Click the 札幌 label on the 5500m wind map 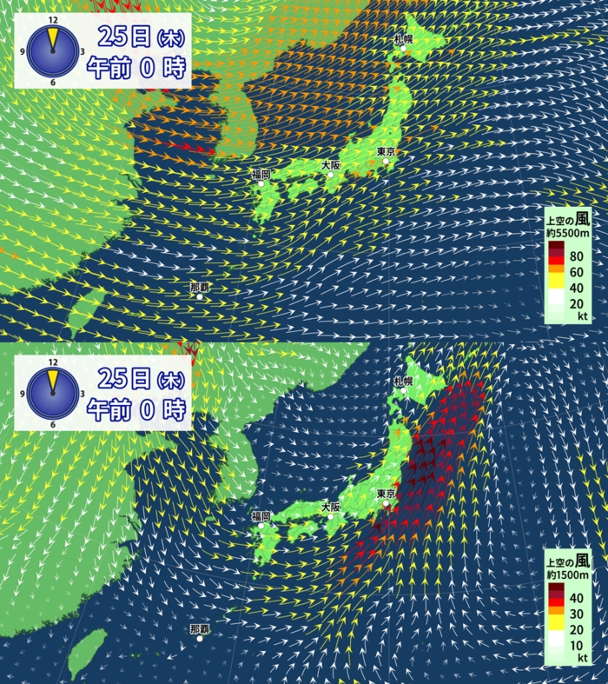tap(404, 39)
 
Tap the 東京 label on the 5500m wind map tap(387, 152)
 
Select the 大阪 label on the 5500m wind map tap(331, 165)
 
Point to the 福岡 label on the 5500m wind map tap(261, 175)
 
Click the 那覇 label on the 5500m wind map tap(200, 287)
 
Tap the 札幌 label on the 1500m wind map tap(403, 381)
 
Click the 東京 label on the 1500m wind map tap(387, 495)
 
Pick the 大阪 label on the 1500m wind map tap(331, 507)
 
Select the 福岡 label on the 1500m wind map tap(261, 516)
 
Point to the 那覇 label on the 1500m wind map tap(200, 628)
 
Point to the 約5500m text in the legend tap(570, 233)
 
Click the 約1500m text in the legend tap(570, 575)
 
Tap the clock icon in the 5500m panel tap(52, 51)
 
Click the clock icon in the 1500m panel tap(52, 393)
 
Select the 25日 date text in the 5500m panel tap(125, 37)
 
